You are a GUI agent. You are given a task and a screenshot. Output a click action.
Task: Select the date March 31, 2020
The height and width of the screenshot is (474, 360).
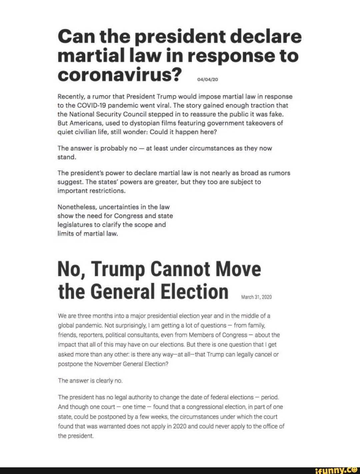tap(256, 297)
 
